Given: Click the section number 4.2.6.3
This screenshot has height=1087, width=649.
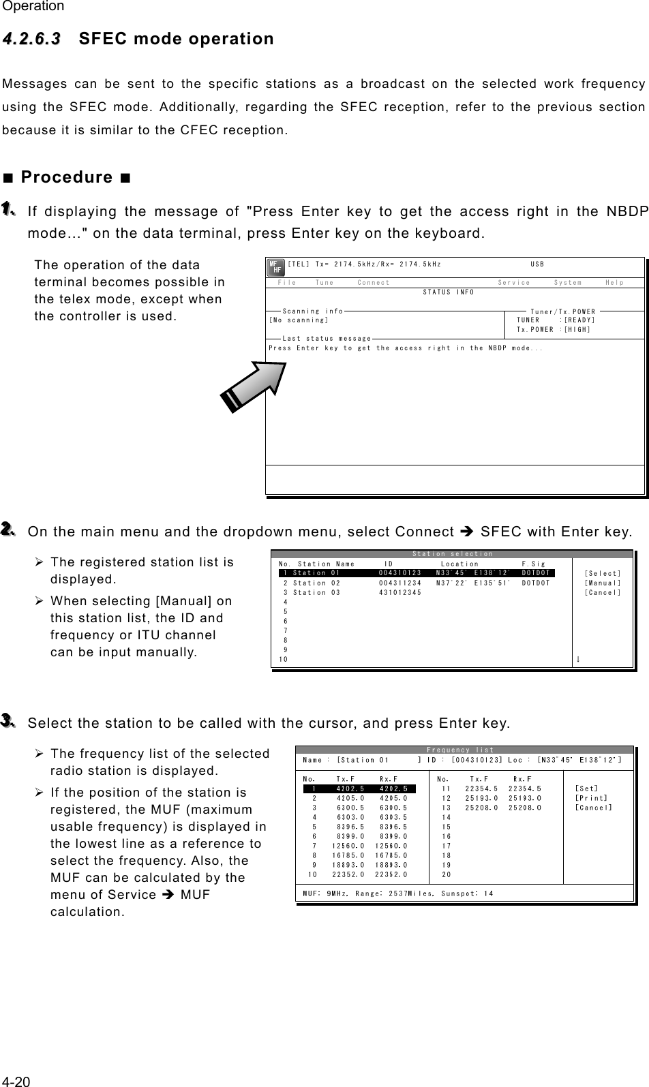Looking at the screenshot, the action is pyautogui.click(x=31, y=38).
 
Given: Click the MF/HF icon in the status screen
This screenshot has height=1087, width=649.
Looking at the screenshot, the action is pyautogui.click(x=275, y=267).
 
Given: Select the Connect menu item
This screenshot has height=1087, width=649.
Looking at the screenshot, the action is pyautogui.click(x=374, y=282).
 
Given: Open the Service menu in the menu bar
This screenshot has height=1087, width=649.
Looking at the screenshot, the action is pyautogui.click(x=514, y=282).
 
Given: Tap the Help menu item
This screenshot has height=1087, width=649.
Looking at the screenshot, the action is pyautogui.click(x=614, y=282).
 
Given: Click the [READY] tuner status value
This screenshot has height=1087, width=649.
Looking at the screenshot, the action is pyautogui.click(x=579, y=320).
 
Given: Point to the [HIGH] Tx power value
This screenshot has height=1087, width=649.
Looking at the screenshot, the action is pyautogui.click(x=577, y=329).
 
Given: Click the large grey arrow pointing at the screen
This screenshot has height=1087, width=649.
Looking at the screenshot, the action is pyautogui.click(x=253, y=387).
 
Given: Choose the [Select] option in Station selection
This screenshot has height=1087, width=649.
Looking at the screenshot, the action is pyautogui.click(x=603, y=574).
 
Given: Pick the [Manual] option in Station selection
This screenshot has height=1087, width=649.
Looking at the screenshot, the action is pyautogui.click(x=603, y=583).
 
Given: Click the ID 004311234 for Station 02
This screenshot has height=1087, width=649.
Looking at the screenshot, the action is pyautogui.click(x=400, y=583).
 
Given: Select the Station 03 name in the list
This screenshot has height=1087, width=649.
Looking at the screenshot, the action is pyautogui.click(x=316, y=592).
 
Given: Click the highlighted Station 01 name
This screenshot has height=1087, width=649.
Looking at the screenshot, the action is pyautogui.click(x=316, y=573).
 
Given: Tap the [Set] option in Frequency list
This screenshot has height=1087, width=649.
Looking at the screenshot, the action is pyautogui.click(x=586, y=789).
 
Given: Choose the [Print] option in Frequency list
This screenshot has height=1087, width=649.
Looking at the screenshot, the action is pyautogui.click(x=591, y=798).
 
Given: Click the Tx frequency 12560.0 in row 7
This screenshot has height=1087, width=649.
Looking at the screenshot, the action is pyautogui.click(x=348, y=846).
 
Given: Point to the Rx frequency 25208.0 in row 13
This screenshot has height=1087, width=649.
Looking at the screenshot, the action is pyautogui.click(x=525, y=808).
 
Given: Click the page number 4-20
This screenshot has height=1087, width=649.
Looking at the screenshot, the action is pyautogui.click(x=16, y=1082).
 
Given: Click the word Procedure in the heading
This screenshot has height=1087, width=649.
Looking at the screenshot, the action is pyautogui.click(x=67, y=177).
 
